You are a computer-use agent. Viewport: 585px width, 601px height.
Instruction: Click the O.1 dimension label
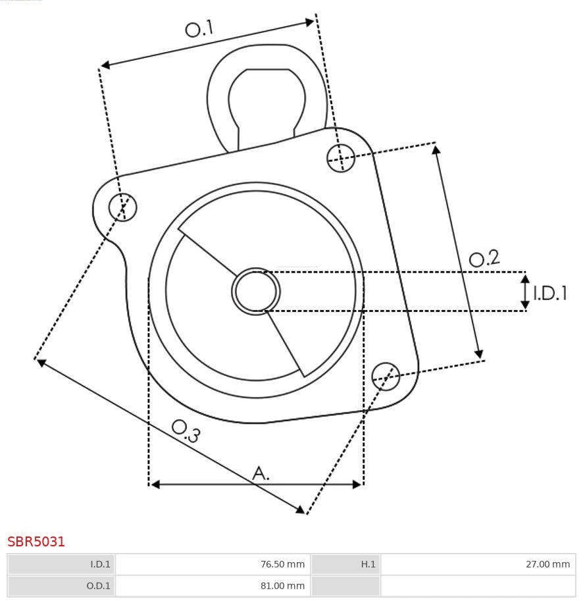(x=199, y=29)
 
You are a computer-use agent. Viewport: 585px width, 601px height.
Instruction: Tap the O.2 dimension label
(x=484, y=258)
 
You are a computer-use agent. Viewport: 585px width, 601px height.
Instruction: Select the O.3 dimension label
(x=186, y=431)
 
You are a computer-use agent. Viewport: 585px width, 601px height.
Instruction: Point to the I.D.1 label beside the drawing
(x=549, y=293)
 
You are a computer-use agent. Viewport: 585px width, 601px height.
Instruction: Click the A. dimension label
(x=261, y=473)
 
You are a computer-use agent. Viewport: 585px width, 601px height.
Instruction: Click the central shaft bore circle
(x=256, y=291)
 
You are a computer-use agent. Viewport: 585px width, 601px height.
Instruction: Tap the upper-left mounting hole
(x=123, y=207)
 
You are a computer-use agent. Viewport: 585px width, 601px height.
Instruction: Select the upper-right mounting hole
(x=341, y=158)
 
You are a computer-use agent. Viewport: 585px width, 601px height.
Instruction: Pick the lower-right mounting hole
(x=386, y=375)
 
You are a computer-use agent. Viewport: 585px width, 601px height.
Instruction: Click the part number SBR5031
(x=36, y=542)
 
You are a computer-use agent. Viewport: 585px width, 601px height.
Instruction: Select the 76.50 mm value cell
(x=213, y=564)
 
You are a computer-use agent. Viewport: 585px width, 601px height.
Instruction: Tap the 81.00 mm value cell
(x=213, y=585)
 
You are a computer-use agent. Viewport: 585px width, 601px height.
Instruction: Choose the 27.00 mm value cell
(x=478, y=564)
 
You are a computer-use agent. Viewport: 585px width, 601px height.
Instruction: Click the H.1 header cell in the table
(x=345, y=564)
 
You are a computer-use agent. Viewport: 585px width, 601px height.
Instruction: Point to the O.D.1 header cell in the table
(x=61, y=585)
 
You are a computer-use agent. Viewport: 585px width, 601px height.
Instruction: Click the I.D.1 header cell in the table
(x=61, y=564)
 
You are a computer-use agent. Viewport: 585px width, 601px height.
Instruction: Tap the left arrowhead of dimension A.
(x=155, y=484)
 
